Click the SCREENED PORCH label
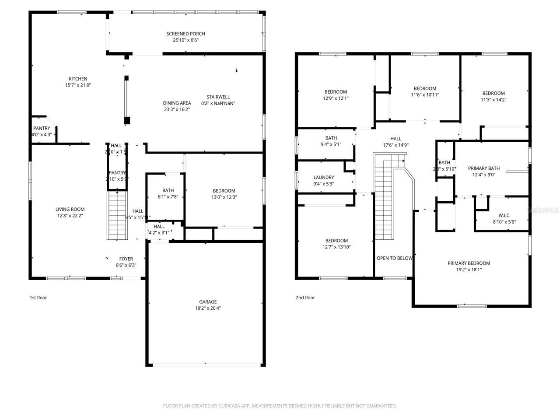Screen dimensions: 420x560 (x=185, y=34)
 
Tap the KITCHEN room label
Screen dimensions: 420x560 (x=78, y=79)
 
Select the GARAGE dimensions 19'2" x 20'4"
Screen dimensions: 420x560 (x=208, y=308)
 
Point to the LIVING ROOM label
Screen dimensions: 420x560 (x=70, y=209)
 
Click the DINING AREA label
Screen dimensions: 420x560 (x=177, y=103)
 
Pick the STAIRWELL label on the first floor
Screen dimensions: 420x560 (x=218, y=97)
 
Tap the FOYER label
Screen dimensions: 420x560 (x=126, y=259)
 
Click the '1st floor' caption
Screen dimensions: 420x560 (x=38, y=297)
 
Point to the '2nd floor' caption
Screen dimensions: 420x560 (x=305, y=297)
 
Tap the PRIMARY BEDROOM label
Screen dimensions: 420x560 (x=469, y=263)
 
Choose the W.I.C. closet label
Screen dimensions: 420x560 (x=504, y=215)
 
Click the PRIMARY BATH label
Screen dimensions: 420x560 (x=483, y=168)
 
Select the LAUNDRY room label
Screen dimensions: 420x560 (x=324, y=178)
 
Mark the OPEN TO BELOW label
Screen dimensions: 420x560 (x=394, y=258)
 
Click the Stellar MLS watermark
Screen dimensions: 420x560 (x=543, y=210)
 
